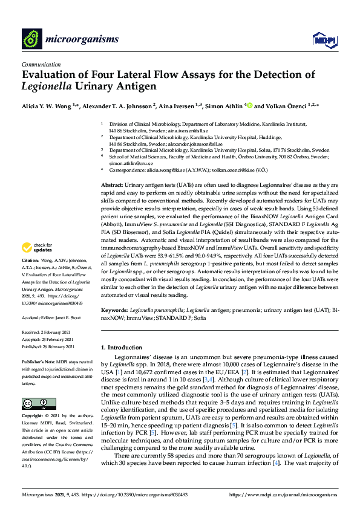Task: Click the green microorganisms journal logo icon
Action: coord(31,40)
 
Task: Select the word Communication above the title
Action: coord(41,63)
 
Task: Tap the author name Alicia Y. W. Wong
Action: coord(48,106)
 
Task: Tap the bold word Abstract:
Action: coord(111,184)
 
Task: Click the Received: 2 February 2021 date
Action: coord(48,332)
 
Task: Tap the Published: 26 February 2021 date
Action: coord(49,347)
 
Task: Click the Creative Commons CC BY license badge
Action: coord(34,403)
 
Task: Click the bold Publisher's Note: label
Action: coord(38,361)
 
